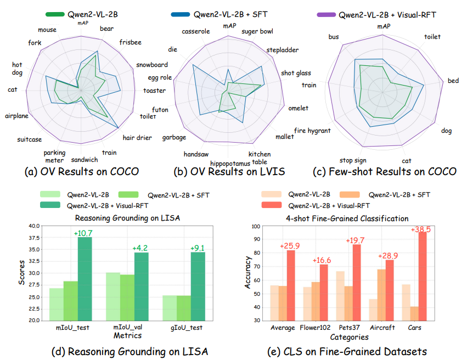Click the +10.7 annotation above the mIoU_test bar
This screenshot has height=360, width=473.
[84, 233]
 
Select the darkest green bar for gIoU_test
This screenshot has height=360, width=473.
[198, 285]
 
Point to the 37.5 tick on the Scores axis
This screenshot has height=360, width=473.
[33, 238]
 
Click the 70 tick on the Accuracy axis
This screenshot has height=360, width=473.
[256, 267]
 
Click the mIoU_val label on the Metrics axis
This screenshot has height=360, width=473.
[126, 329]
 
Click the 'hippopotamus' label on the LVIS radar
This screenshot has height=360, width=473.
[232, 164]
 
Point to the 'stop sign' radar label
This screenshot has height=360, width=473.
[353, 160]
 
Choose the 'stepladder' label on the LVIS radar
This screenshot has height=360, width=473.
[282, 50]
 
